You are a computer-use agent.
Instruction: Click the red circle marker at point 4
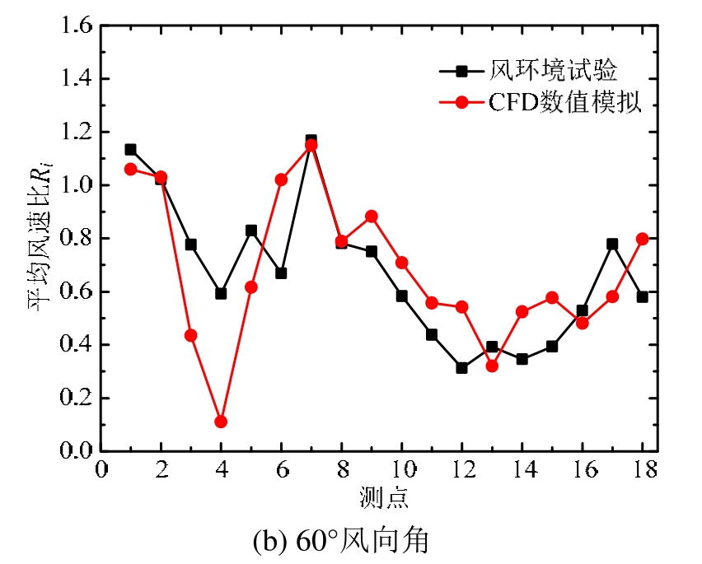tap(221, 422)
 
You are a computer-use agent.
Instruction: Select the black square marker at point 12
tap(461, 367)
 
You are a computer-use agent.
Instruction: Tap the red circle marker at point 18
tap(643, 239)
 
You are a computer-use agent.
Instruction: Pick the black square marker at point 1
tap(130, 150)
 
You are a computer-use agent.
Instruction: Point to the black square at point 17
tap(612, 244)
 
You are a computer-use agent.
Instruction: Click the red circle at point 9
tap(371, 217)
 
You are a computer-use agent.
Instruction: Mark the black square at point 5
tap(251, 231)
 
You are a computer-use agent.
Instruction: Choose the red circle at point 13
tap(492, 366)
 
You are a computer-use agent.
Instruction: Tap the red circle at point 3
tap(190, 335)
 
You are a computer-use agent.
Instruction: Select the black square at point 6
tap(281, 273)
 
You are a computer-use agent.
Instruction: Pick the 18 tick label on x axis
tap(643, 469)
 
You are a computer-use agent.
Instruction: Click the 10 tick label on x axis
tap(401, 469)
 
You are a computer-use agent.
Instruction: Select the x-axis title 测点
tap(384, 496)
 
